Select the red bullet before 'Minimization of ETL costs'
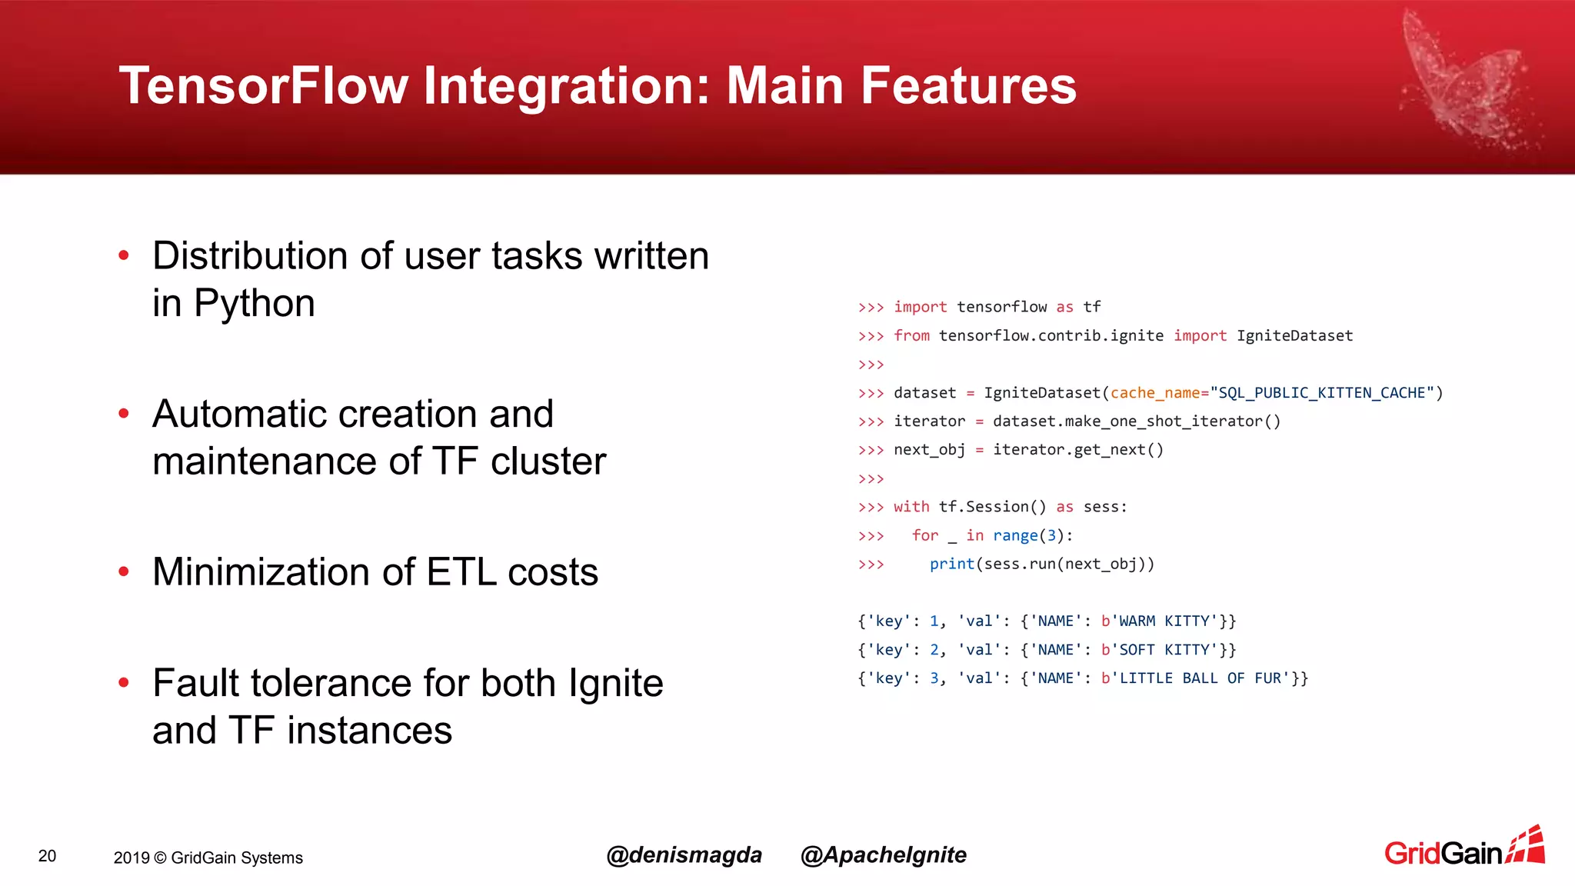[x=124, y=571]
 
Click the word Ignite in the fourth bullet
[x=615, y=683]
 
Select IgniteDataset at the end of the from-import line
[x=1294, y=335]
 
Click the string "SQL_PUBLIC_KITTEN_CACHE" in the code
[x=1322, y=393]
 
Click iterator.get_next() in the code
[x=1077, y=450]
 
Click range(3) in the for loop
[x=1027, y=535]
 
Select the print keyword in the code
[x=951, y=564]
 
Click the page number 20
[x=47, y=856]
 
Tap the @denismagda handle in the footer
[x=684, y=855]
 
